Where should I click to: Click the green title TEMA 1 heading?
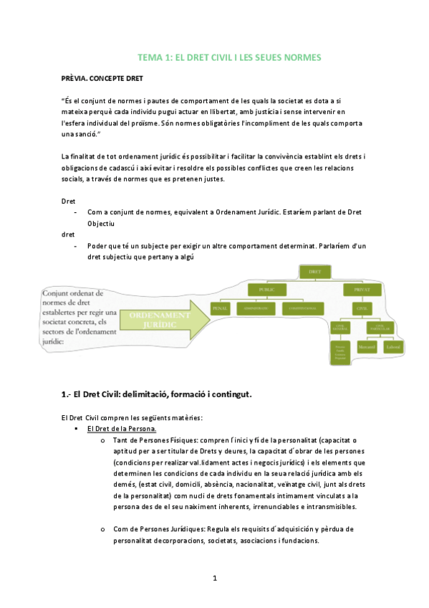click(x=230, y=57)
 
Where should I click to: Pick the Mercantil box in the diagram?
click(x=366, y=347)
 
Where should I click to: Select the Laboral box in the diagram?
click(x=392, y=347)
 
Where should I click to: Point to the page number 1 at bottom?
click(x=214, y=577)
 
